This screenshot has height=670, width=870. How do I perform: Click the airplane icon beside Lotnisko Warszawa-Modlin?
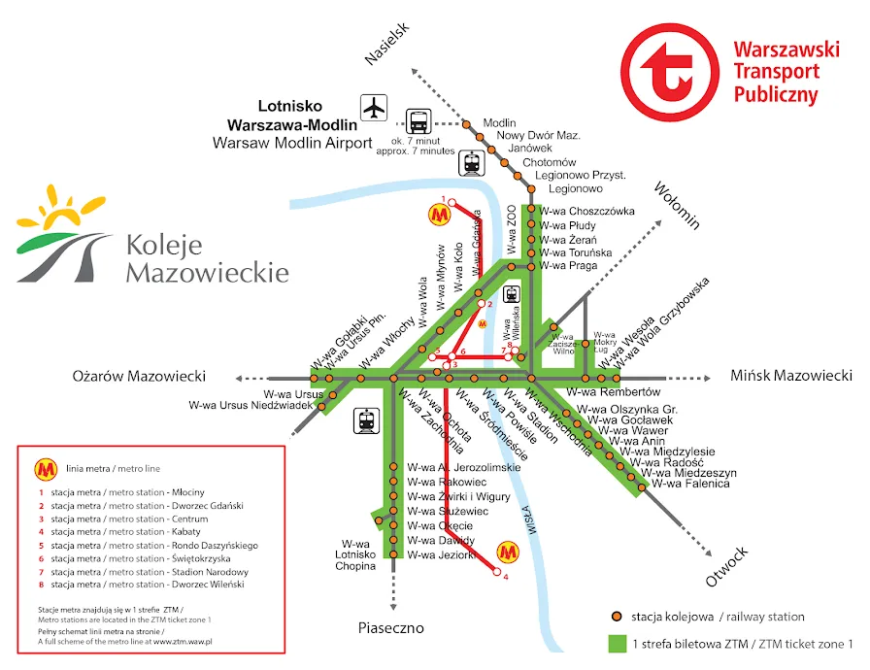pos(374,107)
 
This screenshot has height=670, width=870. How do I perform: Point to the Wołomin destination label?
pos(677,205)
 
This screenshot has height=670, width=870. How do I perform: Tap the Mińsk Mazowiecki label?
pos(791,375)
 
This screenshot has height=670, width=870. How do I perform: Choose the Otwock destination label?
pos(727,567)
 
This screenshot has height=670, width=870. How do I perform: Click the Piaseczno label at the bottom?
pos(391,628)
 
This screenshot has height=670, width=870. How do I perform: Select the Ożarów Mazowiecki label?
pos(141,376)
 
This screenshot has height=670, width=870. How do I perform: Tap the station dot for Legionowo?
pos(530,189)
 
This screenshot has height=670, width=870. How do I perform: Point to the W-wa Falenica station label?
pos(689,484)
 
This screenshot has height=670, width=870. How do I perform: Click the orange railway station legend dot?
pos(616,617)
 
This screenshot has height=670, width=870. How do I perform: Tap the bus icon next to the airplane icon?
pos(418,121)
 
